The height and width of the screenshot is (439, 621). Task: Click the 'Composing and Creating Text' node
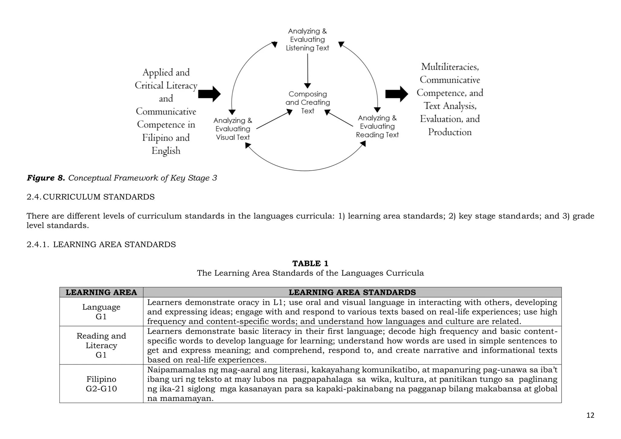pos(307,102)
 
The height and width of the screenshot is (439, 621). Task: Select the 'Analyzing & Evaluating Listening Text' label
pos(307,39)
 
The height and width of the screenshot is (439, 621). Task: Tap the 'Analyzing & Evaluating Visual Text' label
pos(233,129)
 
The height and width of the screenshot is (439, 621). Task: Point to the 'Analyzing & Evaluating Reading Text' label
pos(377,126)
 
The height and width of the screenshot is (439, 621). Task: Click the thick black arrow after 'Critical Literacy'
pos(209,94)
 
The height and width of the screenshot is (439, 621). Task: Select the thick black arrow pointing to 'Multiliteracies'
pos(396,94)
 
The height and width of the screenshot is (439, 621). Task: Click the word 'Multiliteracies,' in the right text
pos(450,67)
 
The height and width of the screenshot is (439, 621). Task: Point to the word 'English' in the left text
pos(166,151)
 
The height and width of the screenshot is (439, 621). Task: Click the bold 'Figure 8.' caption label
pos(46,178)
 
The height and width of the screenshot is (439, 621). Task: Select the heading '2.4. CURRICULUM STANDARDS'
pos(90,197)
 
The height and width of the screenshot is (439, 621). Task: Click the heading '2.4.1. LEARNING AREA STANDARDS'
pos(101,244)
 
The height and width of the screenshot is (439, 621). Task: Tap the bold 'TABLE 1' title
pos(310,263)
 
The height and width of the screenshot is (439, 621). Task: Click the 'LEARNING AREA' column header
pos(101,292)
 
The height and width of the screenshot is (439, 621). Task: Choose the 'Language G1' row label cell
pos(101,312)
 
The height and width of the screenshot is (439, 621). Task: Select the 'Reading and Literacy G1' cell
pos(101,345)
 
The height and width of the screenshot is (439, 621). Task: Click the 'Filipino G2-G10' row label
pos(101,384)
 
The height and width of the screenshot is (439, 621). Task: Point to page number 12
pos(590,415)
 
